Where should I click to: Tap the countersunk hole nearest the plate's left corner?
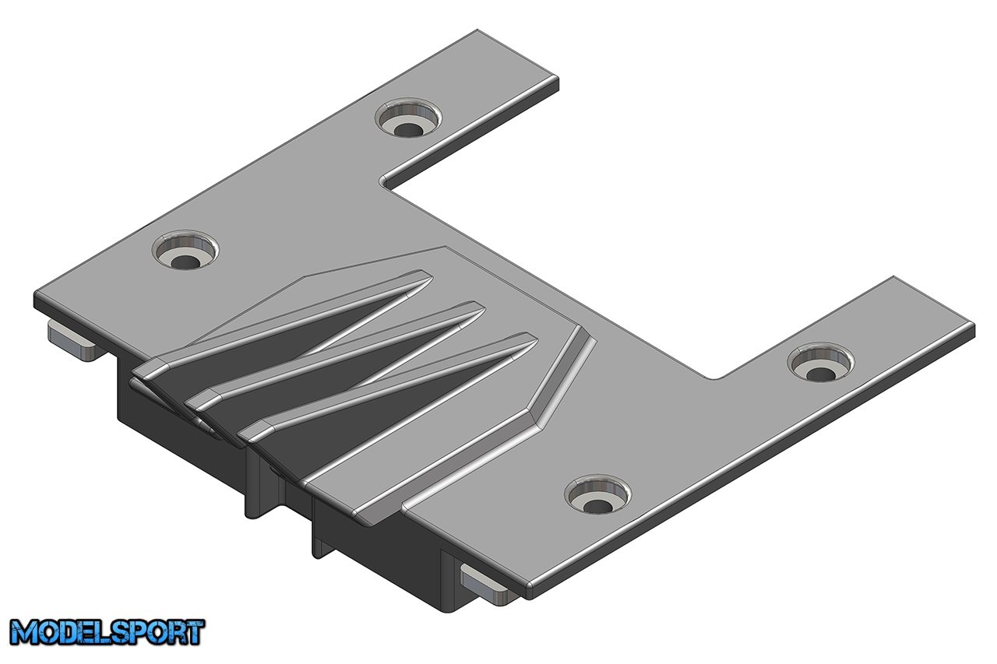pos(185,251)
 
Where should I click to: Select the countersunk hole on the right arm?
pos(821,364)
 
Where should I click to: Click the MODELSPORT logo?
pos(107,632)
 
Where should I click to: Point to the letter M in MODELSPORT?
pos(25,632)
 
